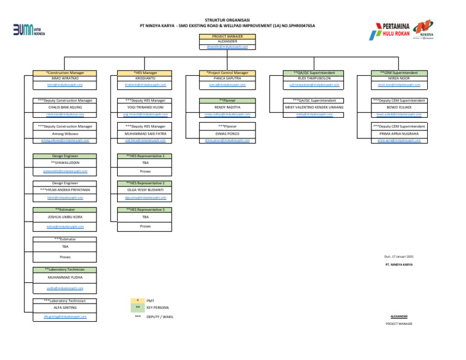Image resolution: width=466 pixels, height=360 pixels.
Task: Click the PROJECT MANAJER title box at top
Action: pos(225,36)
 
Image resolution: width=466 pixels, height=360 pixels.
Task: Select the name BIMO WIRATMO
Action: pos(65,78)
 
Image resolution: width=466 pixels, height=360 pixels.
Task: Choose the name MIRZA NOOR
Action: pos(398,78)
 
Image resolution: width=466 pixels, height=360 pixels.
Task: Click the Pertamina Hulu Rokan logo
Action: pos(394,30)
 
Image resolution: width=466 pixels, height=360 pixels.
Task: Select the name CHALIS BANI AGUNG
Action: pos(65,107)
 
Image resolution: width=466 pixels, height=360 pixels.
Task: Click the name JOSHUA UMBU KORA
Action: pos(65,217)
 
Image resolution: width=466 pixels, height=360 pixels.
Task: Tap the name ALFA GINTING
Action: pos(65,308)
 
